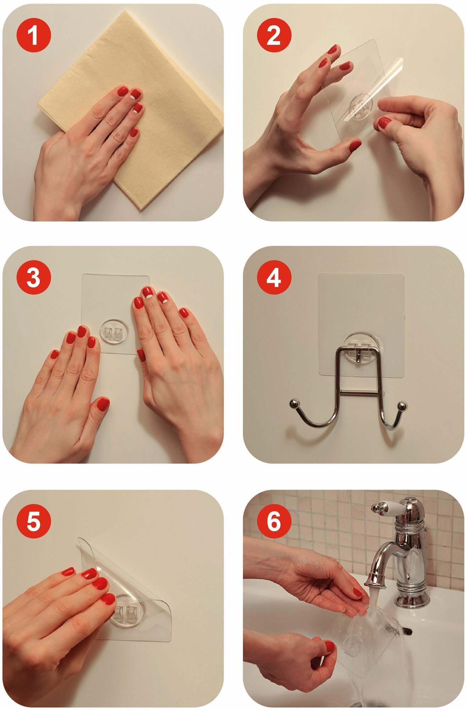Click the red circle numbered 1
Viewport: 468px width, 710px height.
point(34,35)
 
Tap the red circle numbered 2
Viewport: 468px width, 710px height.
point(274,35)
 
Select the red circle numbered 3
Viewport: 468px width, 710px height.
point(34,277)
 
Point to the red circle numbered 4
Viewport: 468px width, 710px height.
point(274,277)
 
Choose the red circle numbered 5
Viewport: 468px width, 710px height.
point(34,521)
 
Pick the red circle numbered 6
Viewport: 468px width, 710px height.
point(274,521)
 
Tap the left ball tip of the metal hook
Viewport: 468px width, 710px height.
point(294,404)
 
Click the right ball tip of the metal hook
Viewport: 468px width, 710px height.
point(402,406)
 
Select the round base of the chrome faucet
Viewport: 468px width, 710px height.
point(412,600)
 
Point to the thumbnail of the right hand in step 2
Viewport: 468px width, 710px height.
point(384,123)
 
